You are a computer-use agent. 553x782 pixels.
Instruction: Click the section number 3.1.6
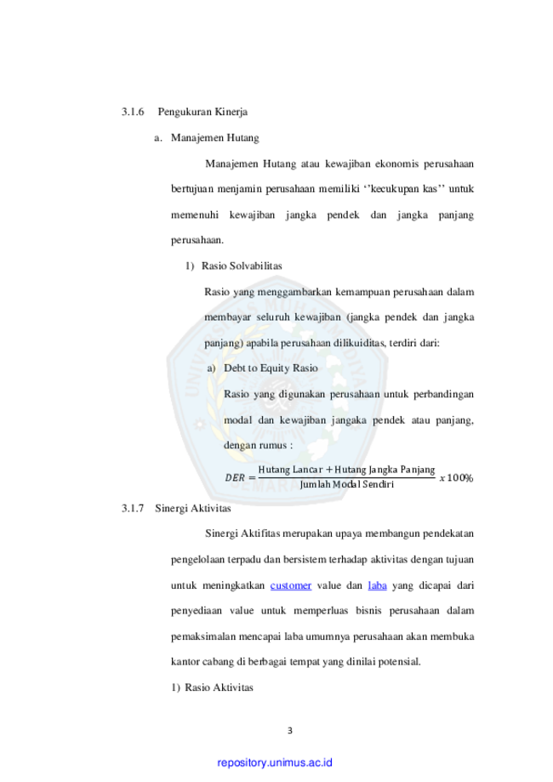(133, 111)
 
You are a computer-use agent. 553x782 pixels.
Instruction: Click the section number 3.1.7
(133, 508)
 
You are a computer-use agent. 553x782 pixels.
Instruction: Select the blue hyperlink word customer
(291, 585)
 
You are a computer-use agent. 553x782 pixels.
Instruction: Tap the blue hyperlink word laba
(378, 585)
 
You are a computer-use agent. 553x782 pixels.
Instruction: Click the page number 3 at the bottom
(290, 731)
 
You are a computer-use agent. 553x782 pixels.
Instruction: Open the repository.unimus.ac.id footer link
(275, 763)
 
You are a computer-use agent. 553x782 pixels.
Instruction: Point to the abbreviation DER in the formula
(235, 477)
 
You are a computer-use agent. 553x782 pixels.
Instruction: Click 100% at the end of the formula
(459, 477)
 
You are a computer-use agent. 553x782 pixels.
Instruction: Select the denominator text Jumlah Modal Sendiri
(346, 484)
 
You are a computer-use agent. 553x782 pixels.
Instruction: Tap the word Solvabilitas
(256, 265)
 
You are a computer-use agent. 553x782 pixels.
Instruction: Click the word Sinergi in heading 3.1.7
(169, 508)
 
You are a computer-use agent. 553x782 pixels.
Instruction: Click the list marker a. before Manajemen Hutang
(158, 138)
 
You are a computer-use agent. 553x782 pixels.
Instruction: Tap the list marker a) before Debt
(212, 368)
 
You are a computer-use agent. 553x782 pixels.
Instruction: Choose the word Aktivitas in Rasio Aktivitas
(233, 688)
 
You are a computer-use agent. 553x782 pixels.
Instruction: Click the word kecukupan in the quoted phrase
(395, 189)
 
